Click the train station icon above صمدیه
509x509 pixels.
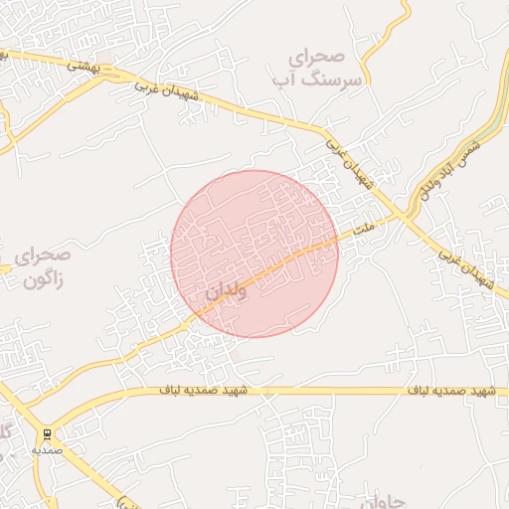click(x=47, y=434)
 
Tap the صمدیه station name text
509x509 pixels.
click(x=47, y=449)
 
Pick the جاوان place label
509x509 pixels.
click(x=378, y=500)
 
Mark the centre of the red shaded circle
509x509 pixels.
click(x=254, y=254)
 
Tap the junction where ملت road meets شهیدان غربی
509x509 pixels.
click(x=405, y=214)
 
